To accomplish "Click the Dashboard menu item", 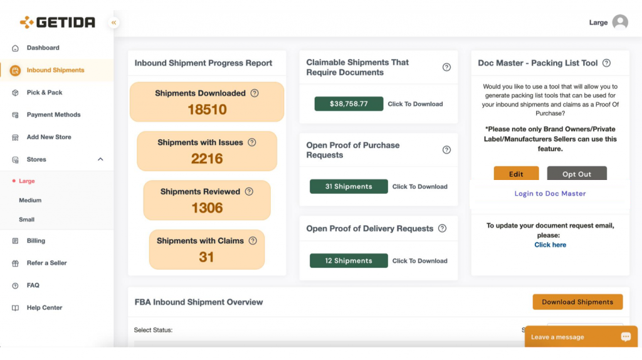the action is [x=43, y=48].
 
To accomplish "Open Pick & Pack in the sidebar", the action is [x=45, y=93].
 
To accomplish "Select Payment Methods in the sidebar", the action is [x=53, y=115].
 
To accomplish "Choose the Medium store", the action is [x=30, y=200].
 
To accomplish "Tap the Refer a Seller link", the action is [x=46, y=263].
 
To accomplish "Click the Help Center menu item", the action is [x=45, y=307].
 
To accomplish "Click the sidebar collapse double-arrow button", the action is [x=114, y=23].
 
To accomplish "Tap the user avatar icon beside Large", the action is [x=620, y=22].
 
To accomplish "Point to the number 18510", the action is [x=207, y=109].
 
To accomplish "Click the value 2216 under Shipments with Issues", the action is [x=207, y=159].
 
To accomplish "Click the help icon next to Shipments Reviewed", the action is [x=249, y=192].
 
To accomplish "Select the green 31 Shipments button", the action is [x=349, y=186].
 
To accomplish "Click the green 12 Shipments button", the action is [x=349, y=260].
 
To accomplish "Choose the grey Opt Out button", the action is [x=577, y=174].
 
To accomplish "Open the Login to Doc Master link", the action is [x=550, y=193].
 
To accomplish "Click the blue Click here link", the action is [x=550, y=245].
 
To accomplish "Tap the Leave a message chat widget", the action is [x=581, y=337].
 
